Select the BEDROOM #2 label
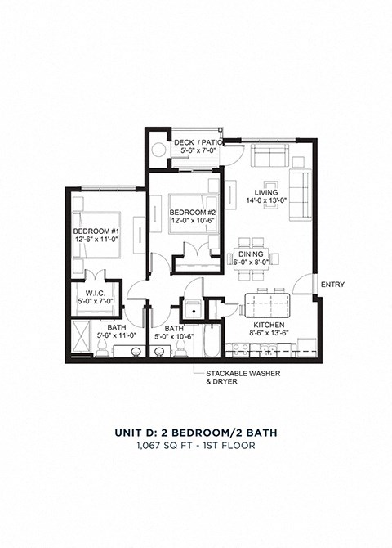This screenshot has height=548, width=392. (191, 212)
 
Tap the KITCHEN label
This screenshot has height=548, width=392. (267, 324)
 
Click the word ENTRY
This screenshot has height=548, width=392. (333, 285)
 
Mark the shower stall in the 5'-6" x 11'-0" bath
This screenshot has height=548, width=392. (82, 339)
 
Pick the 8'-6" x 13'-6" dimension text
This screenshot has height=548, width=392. (267, 334)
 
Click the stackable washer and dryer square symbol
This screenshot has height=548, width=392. (192, 309)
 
